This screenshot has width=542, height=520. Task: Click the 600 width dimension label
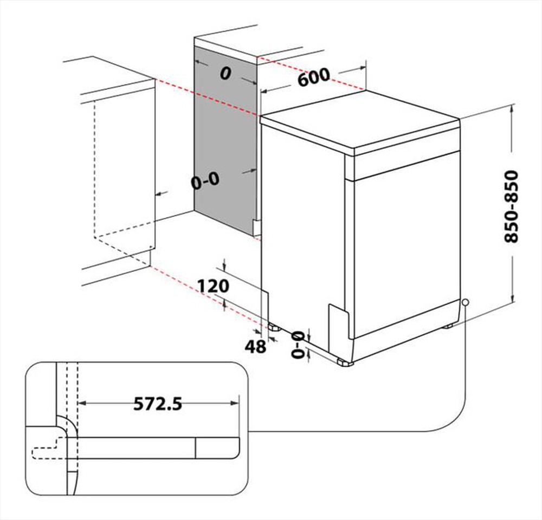(x=313, y=77)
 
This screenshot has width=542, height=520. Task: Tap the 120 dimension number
(x=213, y=286)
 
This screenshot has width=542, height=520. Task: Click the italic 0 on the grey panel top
(x=224, y=75)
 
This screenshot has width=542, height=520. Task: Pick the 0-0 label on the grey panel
(x=205, y=181)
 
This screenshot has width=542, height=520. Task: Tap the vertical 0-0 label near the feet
(x=298, y=345)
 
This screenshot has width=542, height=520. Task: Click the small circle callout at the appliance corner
(x=464, y=302)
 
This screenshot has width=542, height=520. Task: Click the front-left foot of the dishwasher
(x=344, y=363)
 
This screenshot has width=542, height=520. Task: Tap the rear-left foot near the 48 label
(x=273, y=327)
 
